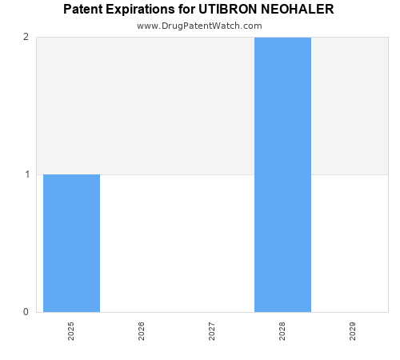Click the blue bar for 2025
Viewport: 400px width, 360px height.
pos(71,242)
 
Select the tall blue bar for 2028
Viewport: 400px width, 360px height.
pos(282,174)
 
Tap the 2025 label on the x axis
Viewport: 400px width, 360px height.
pos(71,331)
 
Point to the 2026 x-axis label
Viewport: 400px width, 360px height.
pos(142,331)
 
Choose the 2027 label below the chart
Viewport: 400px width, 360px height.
pos(212,331)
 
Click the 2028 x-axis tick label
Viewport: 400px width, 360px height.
pos(282,331)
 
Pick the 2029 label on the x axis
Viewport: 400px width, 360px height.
pos(353,331)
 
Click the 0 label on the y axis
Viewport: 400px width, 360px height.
pos(26,312)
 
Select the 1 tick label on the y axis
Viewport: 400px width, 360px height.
pos(26,174)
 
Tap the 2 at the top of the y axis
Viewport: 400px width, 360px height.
pos(26,37)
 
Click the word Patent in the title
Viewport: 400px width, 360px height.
pos(83,10)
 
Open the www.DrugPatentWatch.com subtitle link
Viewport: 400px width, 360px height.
pos(199,26)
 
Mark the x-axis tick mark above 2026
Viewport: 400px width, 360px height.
pos(142,314)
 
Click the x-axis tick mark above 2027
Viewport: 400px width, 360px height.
pos(212,314)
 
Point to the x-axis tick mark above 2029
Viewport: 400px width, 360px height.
pos(353,314)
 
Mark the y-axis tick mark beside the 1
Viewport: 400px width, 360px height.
pos(34,174)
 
